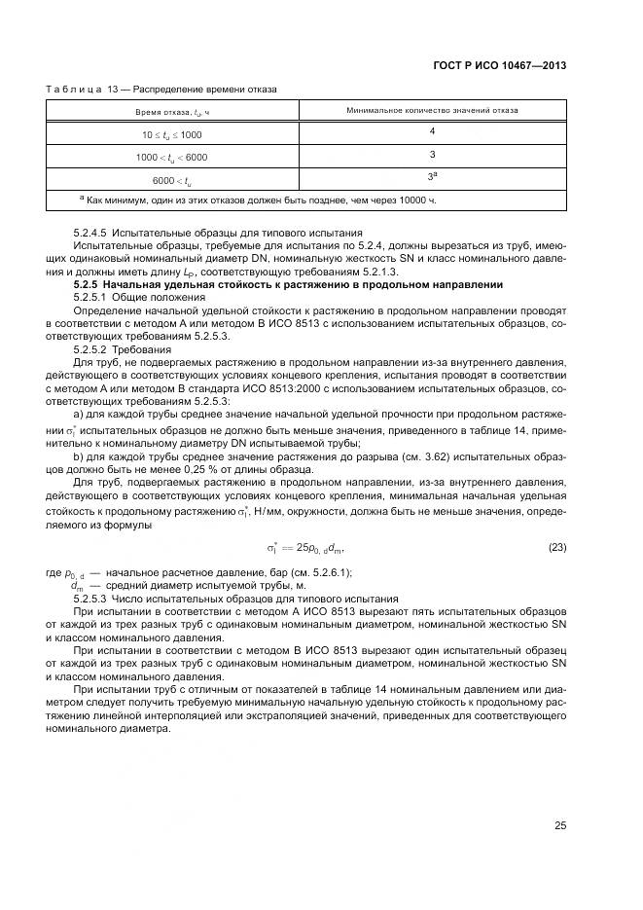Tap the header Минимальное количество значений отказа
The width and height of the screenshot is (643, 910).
point(432,111)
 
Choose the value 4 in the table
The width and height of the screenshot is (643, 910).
point(432,130)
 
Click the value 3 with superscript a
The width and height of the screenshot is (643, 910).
point(432,176)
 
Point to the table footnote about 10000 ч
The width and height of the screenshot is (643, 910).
point(258,200)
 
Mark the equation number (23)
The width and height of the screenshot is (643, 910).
point(557,547)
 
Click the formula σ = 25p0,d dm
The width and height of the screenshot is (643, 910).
point(306,548)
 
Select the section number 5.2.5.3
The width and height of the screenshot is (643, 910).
point(94,599)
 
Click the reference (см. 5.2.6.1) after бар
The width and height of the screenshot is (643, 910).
point(318,572)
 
